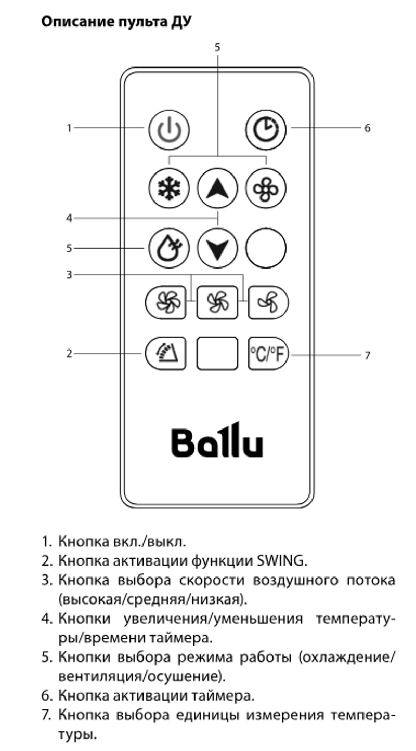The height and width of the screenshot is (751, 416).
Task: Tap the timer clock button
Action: click(x=266, y=129)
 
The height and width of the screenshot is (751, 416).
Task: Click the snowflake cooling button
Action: click(x=169, y=188)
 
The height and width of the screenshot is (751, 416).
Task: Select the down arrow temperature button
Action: click(x=217, y=248)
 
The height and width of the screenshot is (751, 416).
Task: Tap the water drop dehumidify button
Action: click(x=169, y=248)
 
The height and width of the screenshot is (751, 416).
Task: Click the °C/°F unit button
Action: click(x=268, y=353)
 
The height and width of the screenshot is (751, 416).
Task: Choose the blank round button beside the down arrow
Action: click(x=266, y=248)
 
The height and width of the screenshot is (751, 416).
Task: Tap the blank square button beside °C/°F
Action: click(x=217, y=353)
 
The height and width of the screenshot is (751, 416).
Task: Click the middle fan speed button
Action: click(x=217, y=302)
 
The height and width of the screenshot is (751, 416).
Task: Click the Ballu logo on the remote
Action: click(x=217, y=439)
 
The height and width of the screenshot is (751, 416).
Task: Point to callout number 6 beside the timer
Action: click(x=367, y=128)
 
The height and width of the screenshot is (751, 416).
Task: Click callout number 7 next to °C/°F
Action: click(x=367, y=355)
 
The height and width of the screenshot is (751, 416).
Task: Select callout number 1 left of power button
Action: click(x=69, y=128)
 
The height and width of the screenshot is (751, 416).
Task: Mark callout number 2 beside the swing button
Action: click(x=69, y=353)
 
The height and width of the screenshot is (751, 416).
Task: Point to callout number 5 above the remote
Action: click(x=217, y=47)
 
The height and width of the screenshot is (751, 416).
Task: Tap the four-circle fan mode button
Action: click(x=266, y=188)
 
